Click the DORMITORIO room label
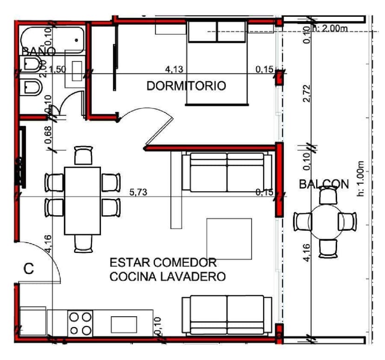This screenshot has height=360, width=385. coord(186,86)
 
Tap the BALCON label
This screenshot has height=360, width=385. coord(324,184)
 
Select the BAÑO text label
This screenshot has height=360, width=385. coord(39,51)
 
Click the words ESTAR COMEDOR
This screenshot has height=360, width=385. coord(163,263)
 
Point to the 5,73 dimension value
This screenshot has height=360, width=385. coord(138,192)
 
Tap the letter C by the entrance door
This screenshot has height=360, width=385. coord(29,269)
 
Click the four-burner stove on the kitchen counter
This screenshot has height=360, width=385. coord(80,323)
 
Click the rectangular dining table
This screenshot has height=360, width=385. coord(82,200)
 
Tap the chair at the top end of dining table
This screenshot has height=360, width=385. coord(83,155)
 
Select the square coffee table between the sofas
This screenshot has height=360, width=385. coord(229,239)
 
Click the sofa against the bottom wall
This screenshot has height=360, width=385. coord(227,315)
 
